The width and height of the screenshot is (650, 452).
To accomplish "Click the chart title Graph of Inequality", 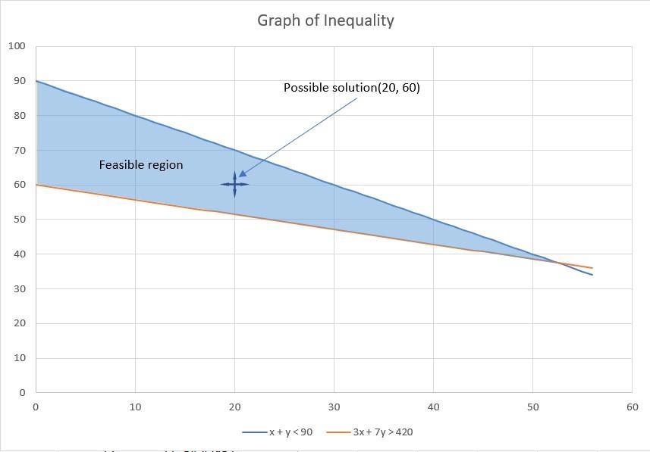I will pyautogui.click(x=325, y=20).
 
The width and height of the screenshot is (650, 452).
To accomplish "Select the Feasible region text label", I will pyautogui.click(x=141, y=165).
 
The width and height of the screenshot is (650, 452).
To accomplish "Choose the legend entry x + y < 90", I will pyautogui.click(x=290, y=432).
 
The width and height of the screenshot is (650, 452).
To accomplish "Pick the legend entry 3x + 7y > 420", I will pyautogui.click(x=382, y=432).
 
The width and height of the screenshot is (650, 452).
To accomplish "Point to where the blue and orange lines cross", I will pyautogui.click(x=557, y=262).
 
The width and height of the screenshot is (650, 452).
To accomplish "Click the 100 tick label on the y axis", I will pyautogui.click(x=17, y=46).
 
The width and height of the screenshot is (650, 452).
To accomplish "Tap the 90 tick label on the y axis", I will pyautogui.click(x=19, y=81).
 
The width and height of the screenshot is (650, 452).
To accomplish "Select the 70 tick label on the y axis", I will pyautogui.click(x=19, y=150).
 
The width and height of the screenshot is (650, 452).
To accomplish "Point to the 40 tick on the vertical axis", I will pyautogui.click(x=19, y=254).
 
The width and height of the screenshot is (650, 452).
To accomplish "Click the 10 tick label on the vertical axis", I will pyautogui.click(x=19, y=358).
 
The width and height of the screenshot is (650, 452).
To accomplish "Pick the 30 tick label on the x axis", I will pyautogui.click(x=334, y=407).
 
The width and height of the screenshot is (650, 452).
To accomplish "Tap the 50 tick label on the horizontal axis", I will pyautogui.click(x=532, y=407).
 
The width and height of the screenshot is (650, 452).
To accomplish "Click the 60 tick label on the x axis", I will pyautogui.click(x=632, y=407).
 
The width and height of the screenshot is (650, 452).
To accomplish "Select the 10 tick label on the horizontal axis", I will pyautogui.click(x=135, y=407).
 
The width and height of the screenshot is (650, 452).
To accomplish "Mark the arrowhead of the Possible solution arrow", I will pyautogui.click(x=240, y=176).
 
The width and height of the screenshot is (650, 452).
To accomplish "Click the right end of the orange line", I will pyautogui.click(x=592, y=268).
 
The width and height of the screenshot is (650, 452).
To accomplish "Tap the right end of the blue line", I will pyautogui.click(x=592, y=275).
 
